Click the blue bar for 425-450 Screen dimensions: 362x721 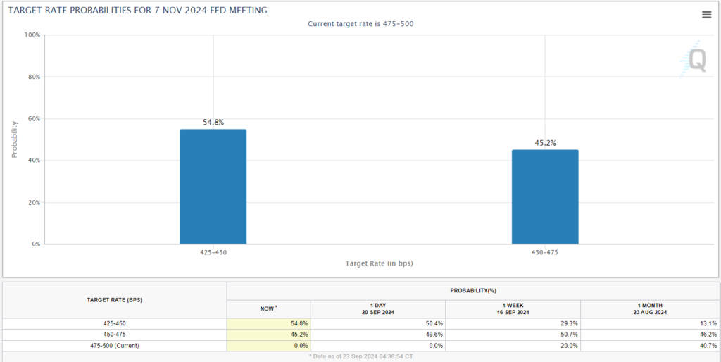(x=213, y=187)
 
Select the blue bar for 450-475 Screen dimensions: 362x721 (x=545, y=196)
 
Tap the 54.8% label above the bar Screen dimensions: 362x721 (x=213, y=122)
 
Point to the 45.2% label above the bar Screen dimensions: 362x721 (x=545, y=142)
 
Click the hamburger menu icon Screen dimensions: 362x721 (x=706, y=15)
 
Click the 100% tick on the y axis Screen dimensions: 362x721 (x=32, y=35)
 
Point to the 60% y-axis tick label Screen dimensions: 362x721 (x=33, y=118)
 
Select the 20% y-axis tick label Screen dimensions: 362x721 (x=33, y=202)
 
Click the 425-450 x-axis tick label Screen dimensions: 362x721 (x=213, y=251)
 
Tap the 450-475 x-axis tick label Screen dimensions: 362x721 (x=545, y=251)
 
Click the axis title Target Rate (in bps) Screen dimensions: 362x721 (x=379, y=263)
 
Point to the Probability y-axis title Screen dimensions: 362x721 (x=14, y=139)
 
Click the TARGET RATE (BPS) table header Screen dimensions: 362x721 (x=114, y=299)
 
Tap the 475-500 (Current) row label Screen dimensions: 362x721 (x=114, y=345)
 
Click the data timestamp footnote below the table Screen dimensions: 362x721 (x=360, y=356)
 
